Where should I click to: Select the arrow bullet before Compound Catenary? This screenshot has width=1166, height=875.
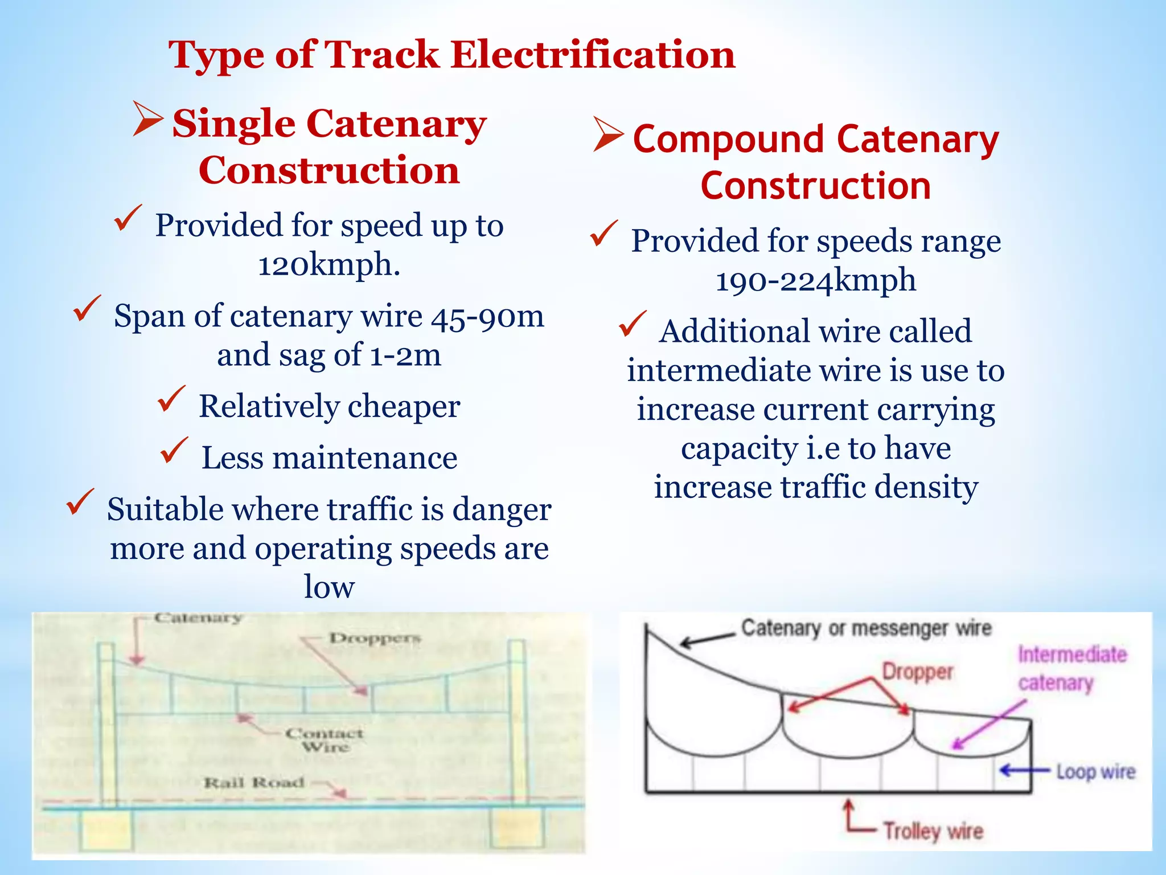coord(607,134)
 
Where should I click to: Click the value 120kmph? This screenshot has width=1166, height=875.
coord(329,264)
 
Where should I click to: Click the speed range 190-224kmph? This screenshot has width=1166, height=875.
coord(815,280)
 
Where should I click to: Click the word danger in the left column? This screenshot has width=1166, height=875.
coord(501,509)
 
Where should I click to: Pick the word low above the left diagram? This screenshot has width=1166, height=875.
coord(329,587)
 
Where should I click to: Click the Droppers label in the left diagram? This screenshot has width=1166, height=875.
coord(375,638)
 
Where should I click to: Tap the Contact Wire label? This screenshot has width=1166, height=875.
coord(325,739)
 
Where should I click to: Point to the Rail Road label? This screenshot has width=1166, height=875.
coord(254,783)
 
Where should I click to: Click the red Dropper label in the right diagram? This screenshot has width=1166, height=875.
coord(917,672)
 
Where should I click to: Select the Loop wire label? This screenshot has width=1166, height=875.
coord(1096,772)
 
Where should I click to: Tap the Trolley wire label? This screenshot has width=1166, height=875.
coord(933,831)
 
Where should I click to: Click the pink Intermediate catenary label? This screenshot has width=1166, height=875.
coord(1071,668)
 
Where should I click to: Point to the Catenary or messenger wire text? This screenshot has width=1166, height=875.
coord(866,628)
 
